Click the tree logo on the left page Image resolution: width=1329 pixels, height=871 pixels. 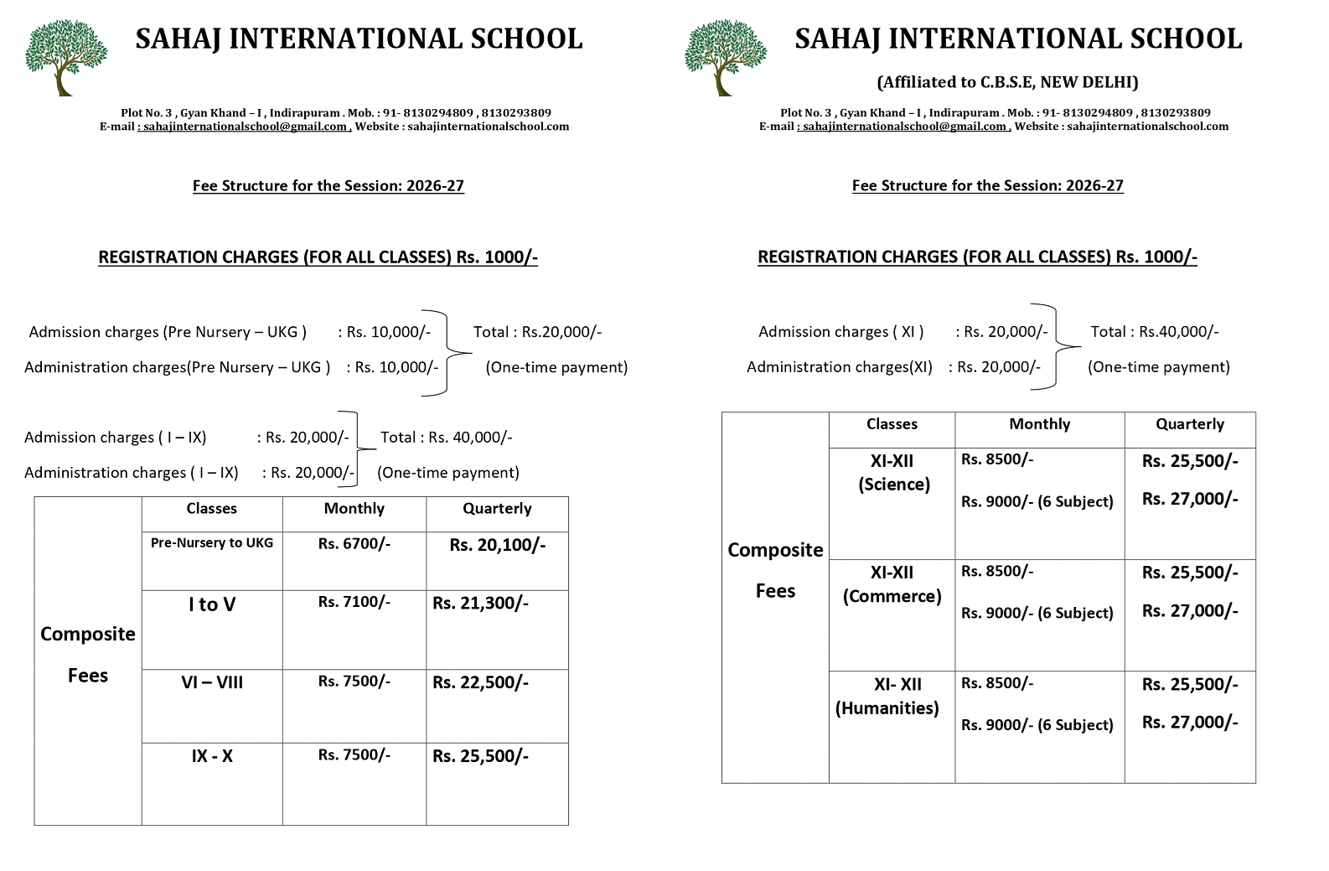click(66, 57)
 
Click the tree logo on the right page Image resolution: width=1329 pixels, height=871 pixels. click(726, 57)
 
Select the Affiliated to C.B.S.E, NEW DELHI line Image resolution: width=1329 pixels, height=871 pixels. click(1007, 82)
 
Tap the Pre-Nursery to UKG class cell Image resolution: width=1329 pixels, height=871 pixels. click(212, 543)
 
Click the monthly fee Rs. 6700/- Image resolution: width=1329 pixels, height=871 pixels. click(354, 544)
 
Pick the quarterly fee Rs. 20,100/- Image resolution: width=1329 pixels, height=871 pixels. click(497, 545)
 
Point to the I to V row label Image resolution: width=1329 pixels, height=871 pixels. click(212, 604)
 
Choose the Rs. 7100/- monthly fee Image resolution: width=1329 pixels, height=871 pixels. click(354, 602)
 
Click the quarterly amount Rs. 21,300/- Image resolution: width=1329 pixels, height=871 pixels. click(480, 604)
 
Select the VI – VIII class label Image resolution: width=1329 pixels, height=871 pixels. click(212, 682)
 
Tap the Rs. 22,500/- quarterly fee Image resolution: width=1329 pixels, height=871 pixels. click(480, 682)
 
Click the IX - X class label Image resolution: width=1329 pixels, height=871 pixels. click(212, 756)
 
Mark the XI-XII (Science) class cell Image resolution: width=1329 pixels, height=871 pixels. click(892, 473)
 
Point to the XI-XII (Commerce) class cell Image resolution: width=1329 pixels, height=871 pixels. click(892, 584)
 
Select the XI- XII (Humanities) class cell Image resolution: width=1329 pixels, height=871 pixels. click(887, 696)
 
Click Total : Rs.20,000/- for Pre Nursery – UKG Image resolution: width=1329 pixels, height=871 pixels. click(537, 332)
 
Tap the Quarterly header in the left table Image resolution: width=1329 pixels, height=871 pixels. click(497, 509)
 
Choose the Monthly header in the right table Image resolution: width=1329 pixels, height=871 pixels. click(1039, 424)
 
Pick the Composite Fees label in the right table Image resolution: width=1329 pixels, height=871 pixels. click(775, 570)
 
